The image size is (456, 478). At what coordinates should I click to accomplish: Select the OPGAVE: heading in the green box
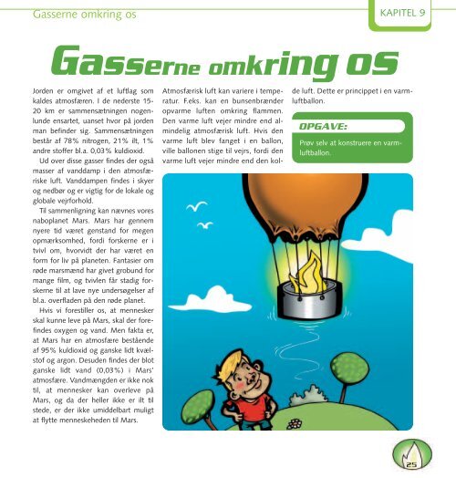coord(322,128)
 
